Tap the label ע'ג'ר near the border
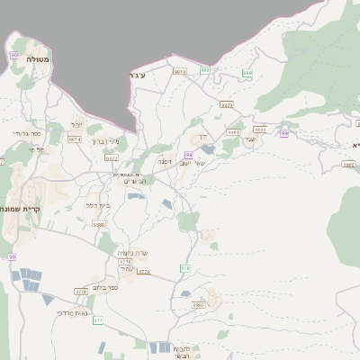(x=137, y=76)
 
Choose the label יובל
(x=77, y=125)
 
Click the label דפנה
(x=166, y=161)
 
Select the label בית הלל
(x=97, y=205)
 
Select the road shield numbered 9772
(x=112, y=158)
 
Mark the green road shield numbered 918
(x=184, y=268)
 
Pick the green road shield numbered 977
(x=98, y=320)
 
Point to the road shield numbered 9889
(x=99, y=224)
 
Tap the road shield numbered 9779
(x=82, y=292)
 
